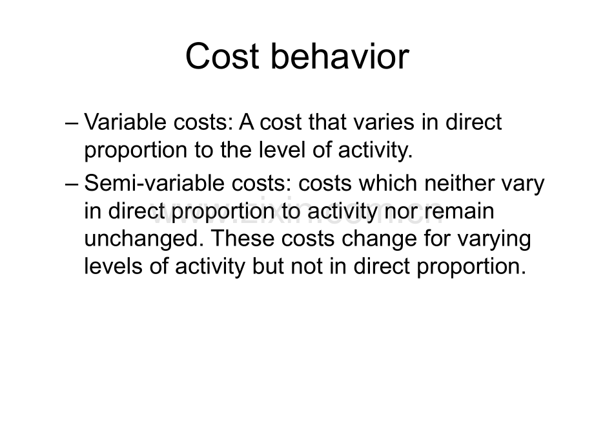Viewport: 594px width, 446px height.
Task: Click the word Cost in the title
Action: [222, 56]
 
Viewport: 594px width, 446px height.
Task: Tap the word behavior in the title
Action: [340, 56]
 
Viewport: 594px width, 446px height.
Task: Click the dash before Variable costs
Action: [72, 123]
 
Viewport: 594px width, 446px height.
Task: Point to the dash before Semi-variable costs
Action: [72, 184]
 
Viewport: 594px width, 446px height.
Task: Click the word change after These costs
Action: [379, 240]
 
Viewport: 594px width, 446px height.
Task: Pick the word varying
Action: [494, 240]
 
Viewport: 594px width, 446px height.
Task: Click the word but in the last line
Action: [268, 266]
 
